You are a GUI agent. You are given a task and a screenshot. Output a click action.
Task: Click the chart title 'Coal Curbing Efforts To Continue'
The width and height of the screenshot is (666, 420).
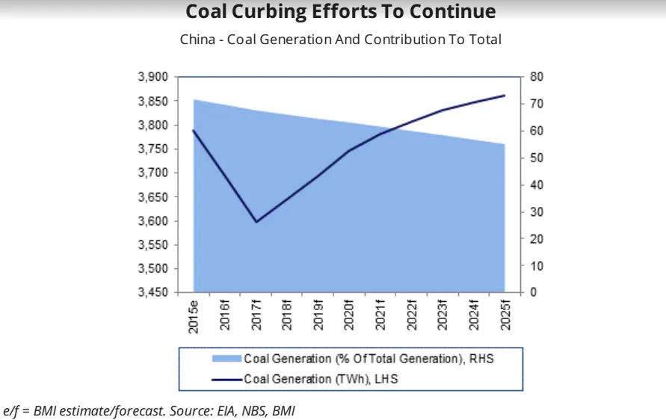(x=340, y=12)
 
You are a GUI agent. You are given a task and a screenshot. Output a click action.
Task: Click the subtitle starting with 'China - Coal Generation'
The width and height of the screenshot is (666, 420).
(x=340, y=40)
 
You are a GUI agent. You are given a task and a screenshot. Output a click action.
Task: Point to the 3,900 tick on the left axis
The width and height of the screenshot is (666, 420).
(x=154, y=77)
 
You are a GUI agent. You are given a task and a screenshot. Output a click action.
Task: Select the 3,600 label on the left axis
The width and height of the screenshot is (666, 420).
(x=154, y=221)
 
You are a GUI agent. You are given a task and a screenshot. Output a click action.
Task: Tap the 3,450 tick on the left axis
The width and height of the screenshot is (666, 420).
(x=154, y=293)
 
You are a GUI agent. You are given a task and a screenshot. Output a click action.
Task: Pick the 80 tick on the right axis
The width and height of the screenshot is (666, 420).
(x=537, y=77)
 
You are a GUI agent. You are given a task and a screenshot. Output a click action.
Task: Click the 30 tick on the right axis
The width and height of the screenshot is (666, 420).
(x=537, y=212)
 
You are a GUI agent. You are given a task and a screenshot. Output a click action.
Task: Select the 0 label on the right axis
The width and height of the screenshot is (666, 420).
(x=534, y=293)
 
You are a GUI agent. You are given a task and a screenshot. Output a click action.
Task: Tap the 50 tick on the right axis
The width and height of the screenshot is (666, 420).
(x=537, y=158)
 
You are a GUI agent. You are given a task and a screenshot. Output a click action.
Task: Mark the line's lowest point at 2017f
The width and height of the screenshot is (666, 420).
(x=256, y=222)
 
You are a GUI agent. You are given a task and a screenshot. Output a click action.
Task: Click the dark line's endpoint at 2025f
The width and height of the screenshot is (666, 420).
(x=505, y=96)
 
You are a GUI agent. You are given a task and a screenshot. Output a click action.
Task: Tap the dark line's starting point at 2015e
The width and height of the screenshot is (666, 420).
(x=194, y=131)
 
